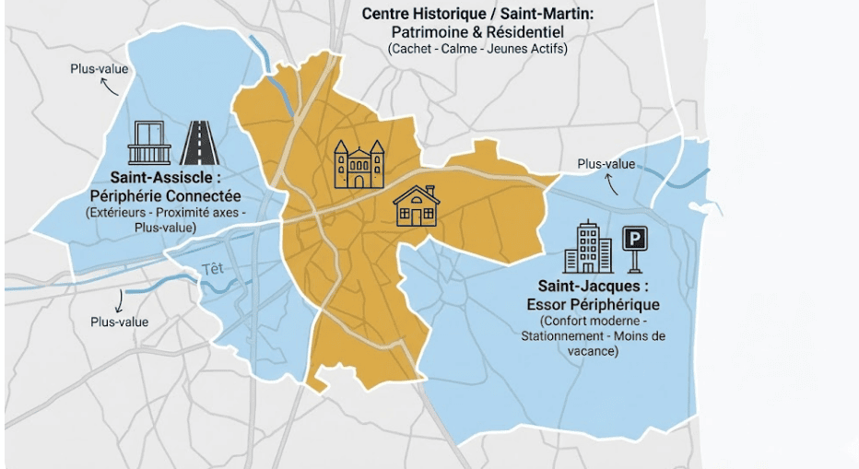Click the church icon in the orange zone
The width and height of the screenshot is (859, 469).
point(359,164)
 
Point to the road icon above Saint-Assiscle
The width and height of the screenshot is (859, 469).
point(199,143)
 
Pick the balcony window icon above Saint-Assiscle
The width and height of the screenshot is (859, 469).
point(149,143)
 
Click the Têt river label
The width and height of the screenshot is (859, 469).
point(212,269)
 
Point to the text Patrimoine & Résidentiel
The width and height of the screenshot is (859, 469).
point(477,31)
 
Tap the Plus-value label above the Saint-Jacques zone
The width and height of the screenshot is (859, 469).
point(606,164)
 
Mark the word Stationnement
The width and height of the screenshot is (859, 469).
point(563,335)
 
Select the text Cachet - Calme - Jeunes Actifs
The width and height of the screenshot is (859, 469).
point(477,48)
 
